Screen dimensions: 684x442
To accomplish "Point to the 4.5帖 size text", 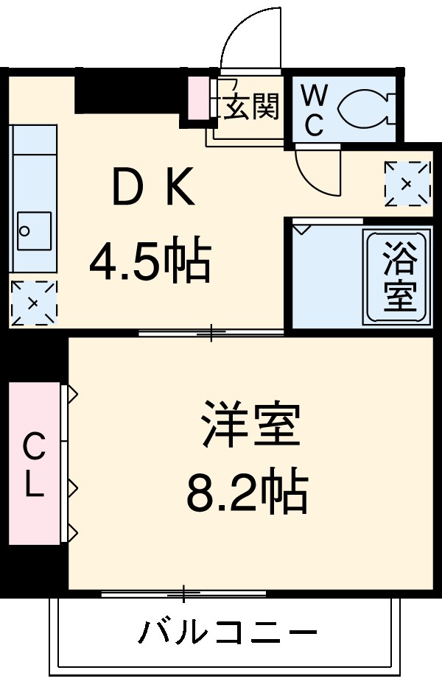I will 150,261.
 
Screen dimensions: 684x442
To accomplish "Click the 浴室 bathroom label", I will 399,276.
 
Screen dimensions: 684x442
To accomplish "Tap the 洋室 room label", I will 250,423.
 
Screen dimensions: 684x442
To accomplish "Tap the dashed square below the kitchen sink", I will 33,302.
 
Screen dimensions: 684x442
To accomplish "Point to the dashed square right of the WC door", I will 407,183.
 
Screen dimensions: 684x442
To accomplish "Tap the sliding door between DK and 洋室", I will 211,333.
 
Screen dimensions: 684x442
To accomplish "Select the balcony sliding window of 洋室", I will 184,593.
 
